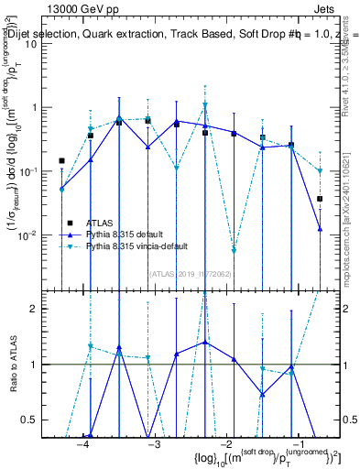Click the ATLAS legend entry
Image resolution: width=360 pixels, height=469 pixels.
pos(98,223)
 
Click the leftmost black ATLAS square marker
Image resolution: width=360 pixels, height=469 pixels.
pos(61,160)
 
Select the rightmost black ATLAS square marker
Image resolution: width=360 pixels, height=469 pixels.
pos(320,199)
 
